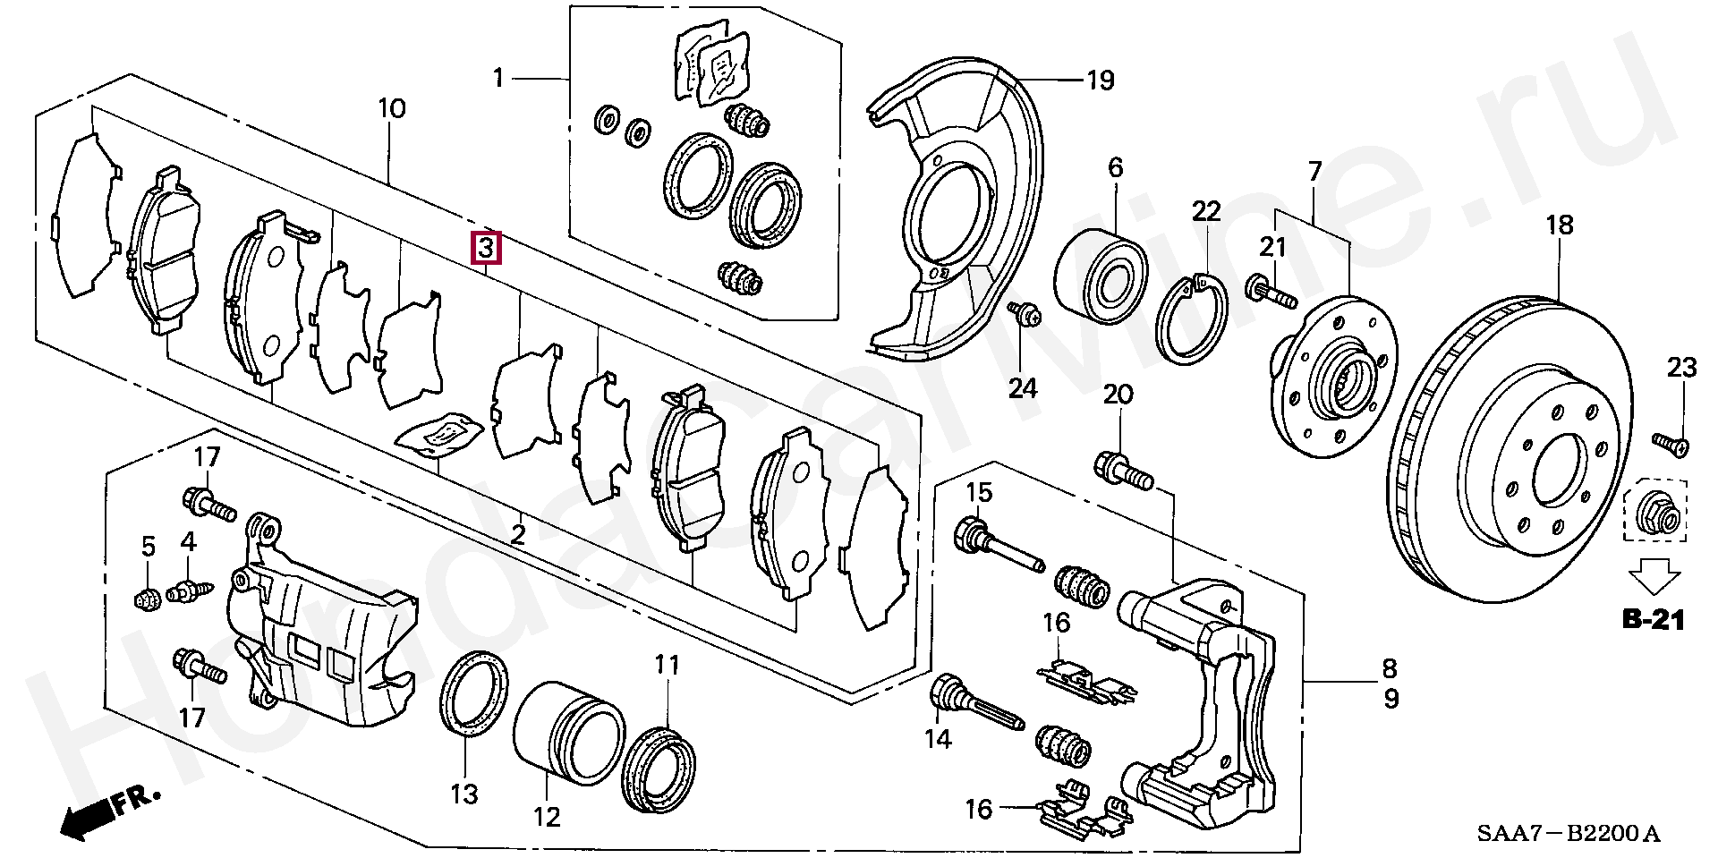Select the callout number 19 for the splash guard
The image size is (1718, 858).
point(1101,81)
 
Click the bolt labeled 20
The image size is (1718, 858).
point(1124,471)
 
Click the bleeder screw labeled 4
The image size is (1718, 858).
point(193,590)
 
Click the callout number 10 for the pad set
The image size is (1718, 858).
point(392,109)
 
